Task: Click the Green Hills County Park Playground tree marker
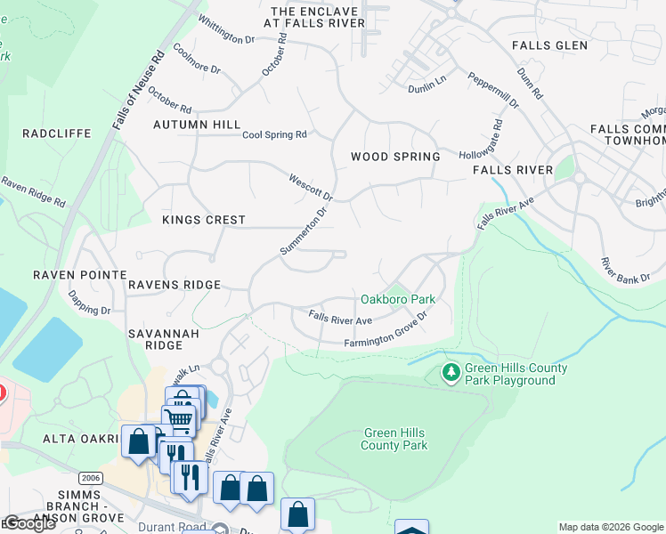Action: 451,374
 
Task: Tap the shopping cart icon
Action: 178,419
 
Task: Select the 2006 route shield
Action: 90,478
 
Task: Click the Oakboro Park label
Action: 397,300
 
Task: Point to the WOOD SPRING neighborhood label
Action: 395,157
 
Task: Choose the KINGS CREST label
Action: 203,220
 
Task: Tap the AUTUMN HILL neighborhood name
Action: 197,125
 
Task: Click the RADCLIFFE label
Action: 57,133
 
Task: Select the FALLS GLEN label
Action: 549,45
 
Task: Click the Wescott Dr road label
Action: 310,187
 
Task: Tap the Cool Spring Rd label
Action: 274,134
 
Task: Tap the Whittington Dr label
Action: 226,28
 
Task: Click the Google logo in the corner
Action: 29,523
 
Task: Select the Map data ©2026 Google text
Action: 611,527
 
